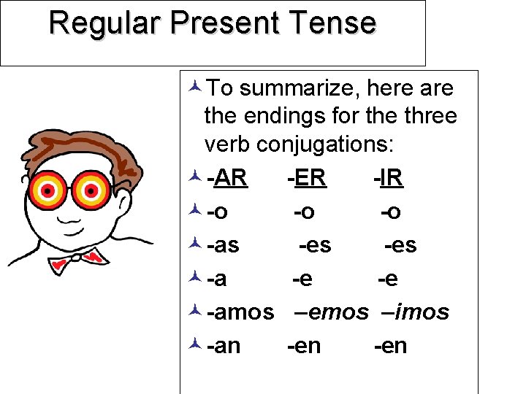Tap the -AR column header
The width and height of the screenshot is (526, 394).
tap(227, 178)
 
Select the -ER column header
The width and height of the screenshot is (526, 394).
tap(307, 178)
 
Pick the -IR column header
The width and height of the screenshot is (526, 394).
tap(388, 178)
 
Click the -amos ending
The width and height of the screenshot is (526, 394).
tap(240, 312)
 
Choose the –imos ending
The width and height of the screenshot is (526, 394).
tap(415, 312)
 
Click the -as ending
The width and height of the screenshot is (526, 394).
tap(223, 245)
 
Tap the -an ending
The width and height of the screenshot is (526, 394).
tap(224, 346)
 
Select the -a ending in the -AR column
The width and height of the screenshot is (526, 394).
tap(216, 279)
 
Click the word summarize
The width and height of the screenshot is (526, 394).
tap(300, 89)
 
